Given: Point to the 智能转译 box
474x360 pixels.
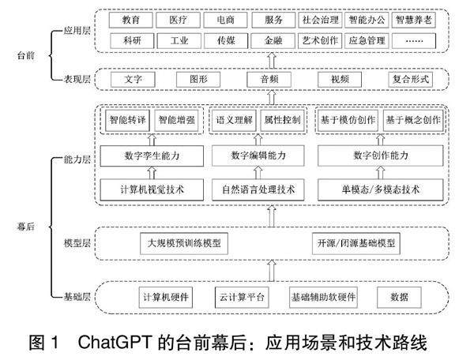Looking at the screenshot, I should tap(126, 121).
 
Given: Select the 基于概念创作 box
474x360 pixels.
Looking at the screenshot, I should tap(413, 121).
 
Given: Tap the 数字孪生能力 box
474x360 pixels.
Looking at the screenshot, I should tap(152, 156).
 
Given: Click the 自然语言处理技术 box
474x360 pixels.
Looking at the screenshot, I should tap(258, 189).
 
